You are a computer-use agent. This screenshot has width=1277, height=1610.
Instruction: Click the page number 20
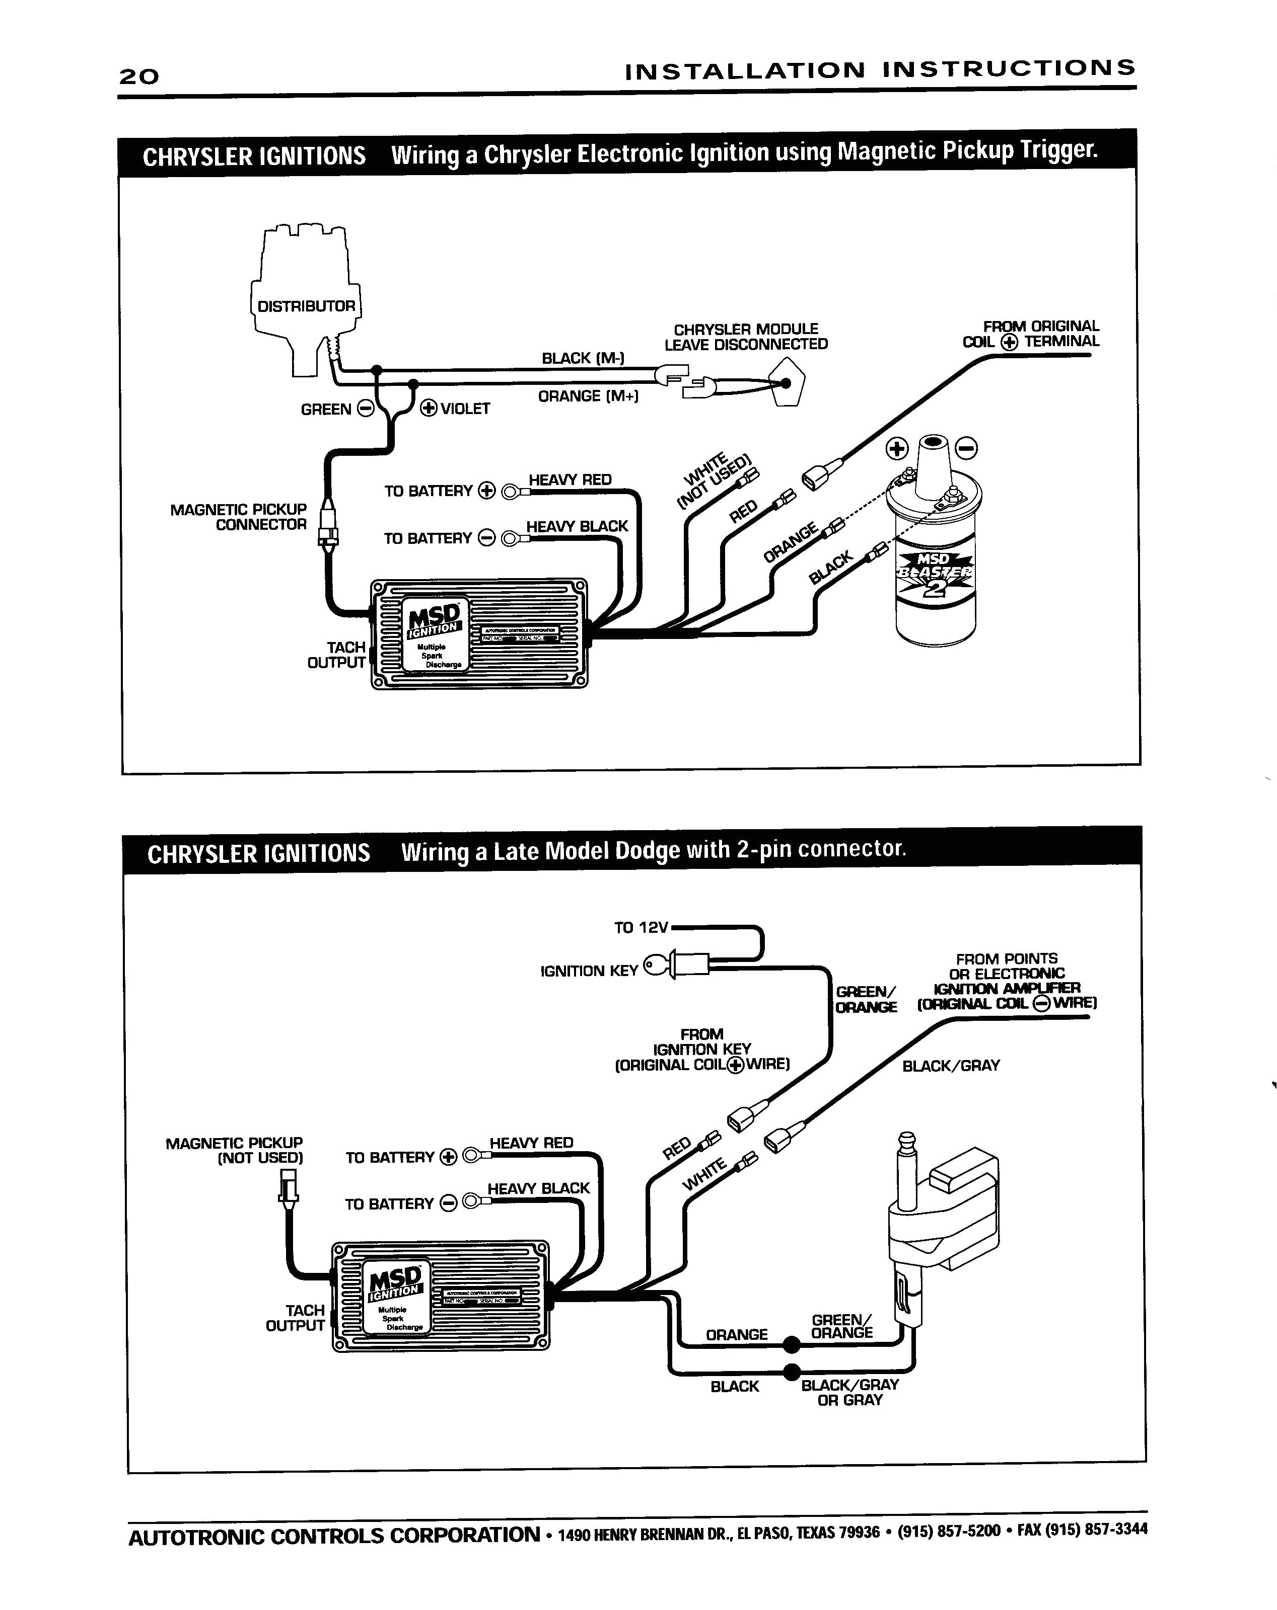tap(139, 76)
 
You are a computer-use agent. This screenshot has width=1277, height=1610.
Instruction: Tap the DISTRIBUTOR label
tap(306, 306)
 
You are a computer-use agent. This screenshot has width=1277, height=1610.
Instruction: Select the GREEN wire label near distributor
tap(326, 409)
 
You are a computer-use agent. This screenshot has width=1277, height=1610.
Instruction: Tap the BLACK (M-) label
tap(583, 358)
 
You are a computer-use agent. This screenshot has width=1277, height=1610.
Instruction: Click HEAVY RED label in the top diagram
tap(570, 479)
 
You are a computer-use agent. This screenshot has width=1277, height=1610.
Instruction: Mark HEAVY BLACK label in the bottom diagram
tap(538, 1188)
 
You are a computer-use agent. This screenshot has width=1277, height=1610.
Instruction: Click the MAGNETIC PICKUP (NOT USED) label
tap(234, 1151)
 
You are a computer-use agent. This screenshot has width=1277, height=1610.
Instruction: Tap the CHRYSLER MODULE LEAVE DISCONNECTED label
tap(746, 337)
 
